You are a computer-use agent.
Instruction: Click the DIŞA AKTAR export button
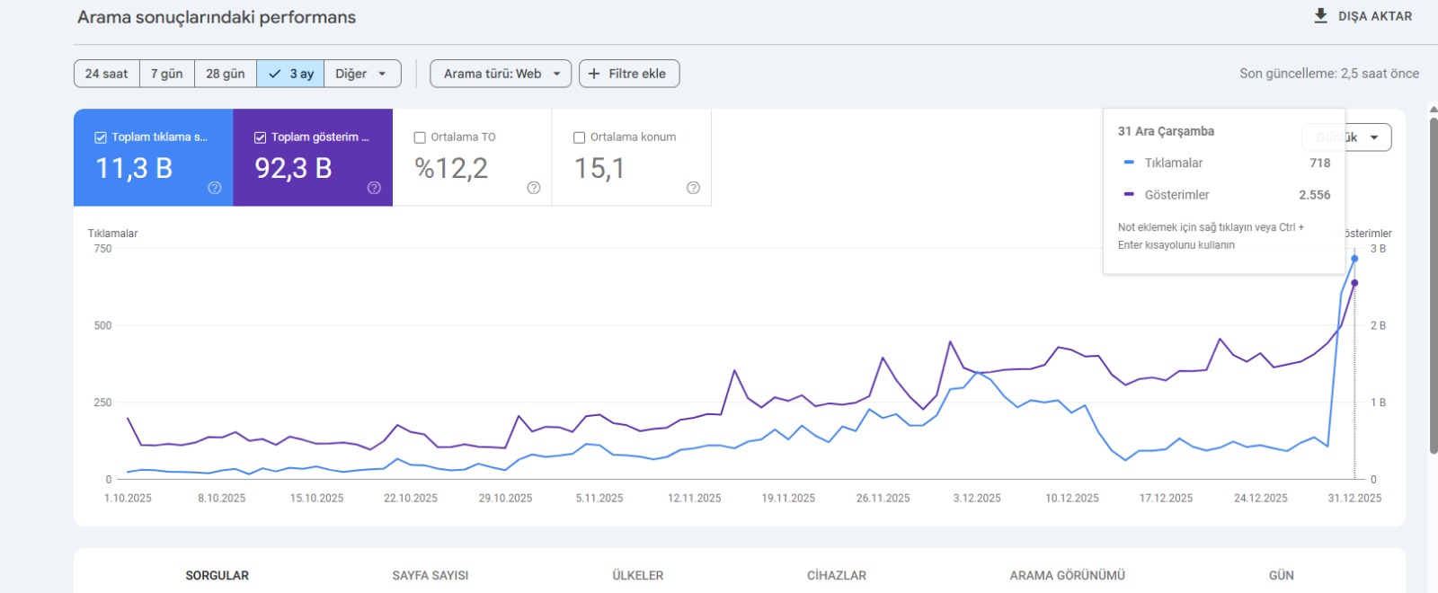point(1363,16)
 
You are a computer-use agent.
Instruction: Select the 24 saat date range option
point(106,74)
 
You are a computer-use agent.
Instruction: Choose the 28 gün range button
point(225,74)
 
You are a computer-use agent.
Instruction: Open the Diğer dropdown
point(360,74)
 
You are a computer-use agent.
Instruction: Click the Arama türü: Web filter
point(501,74)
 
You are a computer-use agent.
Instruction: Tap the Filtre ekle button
point(628,74)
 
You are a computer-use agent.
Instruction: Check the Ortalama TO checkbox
point(420,137)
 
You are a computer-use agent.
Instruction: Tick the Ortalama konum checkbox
point(580,137)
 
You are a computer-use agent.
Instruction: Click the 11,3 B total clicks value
point(134,168)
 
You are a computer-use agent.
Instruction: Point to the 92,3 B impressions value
point(293,168)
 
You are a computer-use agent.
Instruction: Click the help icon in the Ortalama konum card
point(693,188)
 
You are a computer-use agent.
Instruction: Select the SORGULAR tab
point(217,575)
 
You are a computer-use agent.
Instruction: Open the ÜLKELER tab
point(637,575)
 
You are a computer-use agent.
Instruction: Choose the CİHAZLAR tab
point(836,575)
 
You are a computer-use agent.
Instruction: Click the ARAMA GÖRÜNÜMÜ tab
point(1067,575)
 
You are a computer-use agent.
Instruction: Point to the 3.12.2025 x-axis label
point(977,498)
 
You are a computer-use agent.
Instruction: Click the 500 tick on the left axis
point(102,325)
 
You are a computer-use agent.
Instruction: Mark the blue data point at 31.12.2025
point(1354,259)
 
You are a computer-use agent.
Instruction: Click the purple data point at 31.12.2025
point(1354,283)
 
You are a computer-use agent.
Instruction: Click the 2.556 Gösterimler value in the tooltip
point(1314,195)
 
